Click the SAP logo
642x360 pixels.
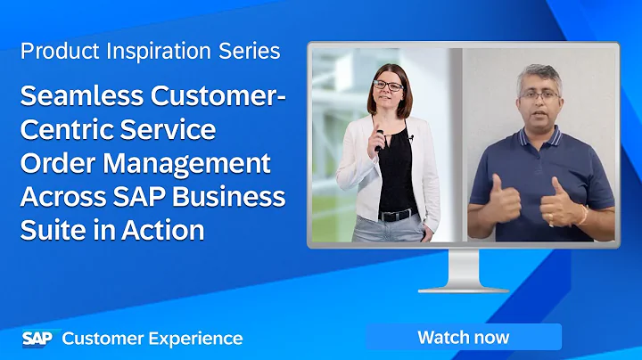tap(37, 338)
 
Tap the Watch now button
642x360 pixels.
tap(463, 337)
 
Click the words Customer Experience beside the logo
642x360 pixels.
tap(152, 339)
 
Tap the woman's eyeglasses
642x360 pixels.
tap(388, 86)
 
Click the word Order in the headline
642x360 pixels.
tap(54, 163)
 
